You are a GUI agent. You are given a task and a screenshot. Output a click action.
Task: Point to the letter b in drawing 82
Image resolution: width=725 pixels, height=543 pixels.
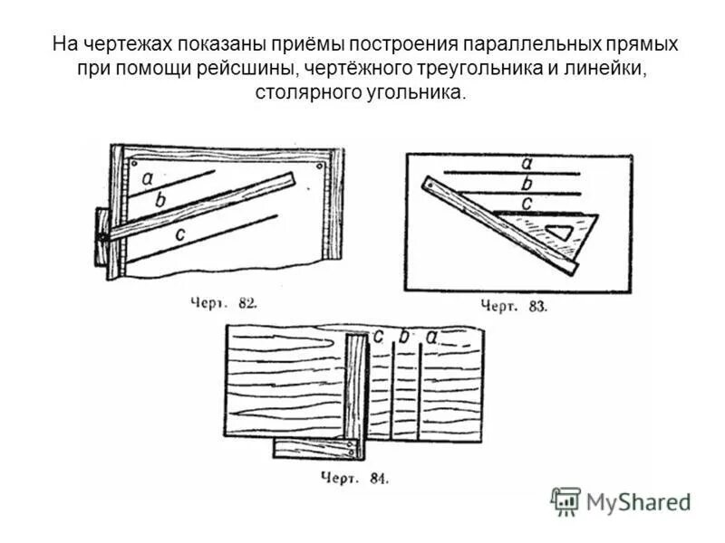pyautogui.click(x=160, y=200)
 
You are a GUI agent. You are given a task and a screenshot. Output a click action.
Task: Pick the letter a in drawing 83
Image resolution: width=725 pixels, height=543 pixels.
pyautogui.click(x=527, y=164)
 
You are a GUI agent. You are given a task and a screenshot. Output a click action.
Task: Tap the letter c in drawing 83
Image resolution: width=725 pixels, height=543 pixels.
pyautogui.click(x=527, y=203)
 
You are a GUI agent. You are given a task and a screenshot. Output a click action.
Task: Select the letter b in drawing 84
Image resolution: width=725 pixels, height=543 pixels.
pyautogui.click(x=403, y=338)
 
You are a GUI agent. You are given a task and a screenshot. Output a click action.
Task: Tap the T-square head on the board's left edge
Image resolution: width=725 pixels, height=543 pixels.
pyautogui.click(x=101, y=235)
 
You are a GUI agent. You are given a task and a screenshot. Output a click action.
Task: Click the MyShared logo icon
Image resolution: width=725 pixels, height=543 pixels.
pyautogui.click(x=565, y=500)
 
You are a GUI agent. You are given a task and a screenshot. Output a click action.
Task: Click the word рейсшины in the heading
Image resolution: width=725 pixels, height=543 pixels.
pyautogui.click(x=257, y=68)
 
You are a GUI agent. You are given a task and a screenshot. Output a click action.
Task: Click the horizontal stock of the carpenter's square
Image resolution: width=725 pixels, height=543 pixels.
pyautogui.click(x=316, y=449)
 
